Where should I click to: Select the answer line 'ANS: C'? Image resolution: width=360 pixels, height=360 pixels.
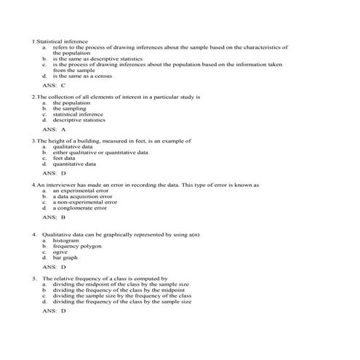coord(54,85)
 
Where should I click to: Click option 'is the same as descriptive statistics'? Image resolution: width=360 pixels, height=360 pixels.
coord(97,58)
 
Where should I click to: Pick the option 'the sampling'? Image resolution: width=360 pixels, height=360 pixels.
coord(69,108)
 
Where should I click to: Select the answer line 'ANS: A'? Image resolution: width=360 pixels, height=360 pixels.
coord(54,129)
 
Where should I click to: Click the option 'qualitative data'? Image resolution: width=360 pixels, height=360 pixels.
coord(76,146)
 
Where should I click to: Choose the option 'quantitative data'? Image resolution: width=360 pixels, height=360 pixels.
coord(77,164)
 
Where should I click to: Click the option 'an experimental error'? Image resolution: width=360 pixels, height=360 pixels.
coord(81,191)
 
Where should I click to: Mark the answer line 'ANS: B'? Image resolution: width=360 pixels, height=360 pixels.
coord(54,217)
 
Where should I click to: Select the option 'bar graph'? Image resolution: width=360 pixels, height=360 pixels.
coord(66,257)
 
